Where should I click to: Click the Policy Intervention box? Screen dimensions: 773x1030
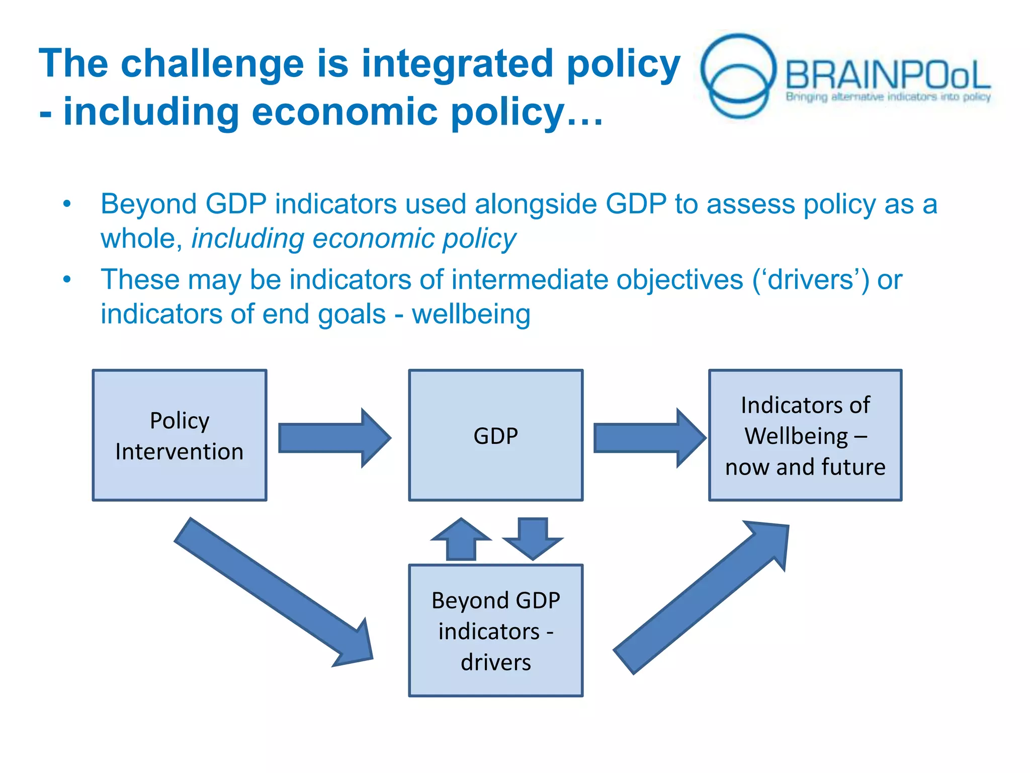click(x=180, y=435)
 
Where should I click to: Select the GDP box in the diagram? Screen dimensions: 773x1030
click(x=495, y=435)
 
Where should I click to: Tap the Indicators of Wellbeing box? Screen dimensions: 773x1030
click(x=805, y=435)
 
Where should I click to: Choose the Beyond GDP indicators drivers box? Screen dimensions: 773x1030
click(x=495, y=631)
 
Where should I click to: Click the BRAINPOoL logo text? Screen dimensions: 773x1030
click(x=888, y=74)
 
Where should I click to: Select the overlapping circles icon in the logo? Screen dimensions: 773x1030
click(x=738, y=75)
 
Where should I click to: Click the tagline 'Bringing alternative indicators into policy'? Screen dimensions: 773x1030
click(x=888, y=97)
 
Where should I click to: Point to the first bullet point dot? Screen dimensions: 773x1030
click(x=67, y=204)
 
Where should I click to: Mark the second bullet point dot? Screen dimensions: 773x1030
click(x=67, y=280)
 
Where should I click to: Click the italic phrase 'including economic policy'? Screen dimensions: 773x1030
click(x=354, y=239)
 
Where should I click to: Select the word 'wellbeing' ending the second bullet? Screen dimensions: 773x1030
click(x=471, y=315)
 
